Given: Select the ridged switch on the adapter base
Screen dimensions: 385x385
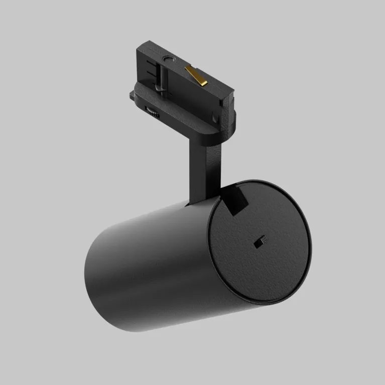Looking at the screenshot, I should tap(152, 112).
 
